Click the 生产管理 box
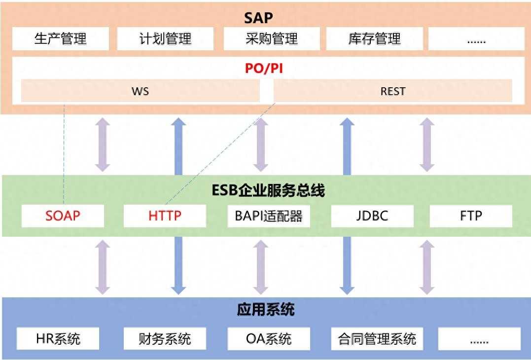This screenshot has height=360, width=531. coord(61,39)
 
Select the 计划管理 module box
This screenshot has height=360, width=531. coord(165,39)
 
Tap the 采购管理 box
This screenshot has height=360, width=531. coord(272,39)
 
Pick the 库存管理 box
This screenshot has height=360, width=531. coord(375,39)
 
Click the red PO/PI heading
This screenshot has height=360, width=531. coord(264,69)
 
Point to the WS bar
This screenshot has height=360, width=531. coord(140,91)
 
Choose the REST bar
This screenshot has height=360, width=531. coord(393,91)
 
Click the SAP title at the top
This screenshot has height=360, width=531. coord(258,18)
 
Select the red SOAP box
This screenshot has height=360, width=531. coord(63,216)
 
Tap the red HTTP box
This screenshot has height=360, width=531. coord(165,216)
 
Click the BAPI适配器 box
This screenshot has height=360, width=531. coord(269,216)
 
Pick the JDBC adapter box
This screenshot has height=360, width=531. coord(372,216)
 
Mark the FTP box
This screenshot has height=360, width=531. coord(471,216)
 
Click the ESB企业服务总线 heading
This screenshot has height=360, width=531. coord(268,190)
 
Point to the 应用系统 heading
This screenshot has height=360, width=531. coord(266,310)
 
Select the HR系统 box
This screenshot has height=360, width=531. coord(58,339)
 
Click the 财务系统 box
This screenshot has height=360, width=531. coord(165,339)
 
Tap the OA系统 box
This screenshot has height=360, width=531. coord(269,339)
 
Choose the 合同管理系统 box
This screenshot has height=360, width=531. coord(377,339)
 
